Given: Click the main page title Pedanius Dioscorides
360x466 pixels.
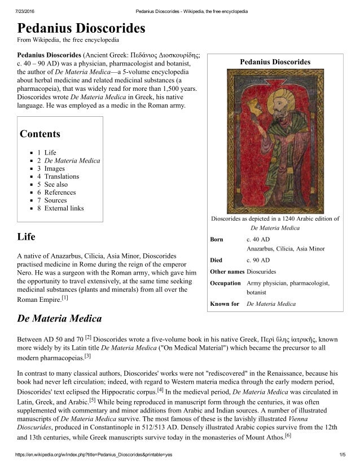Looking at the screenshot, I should [x=81, y=28].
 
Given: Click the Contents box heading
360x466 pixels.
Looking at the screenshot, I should [x=39, y=134].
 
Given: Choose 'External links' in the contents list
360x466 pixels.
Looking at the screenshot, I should [x=64, y=208].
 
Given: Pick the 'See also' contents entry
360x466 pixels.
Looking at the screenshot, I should [x=56, y=184].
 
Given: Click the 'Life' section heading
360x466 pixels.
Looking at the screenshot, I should [x=27, y=238].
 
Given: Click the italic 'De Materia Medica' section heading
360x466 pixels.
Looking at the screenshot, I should [x=60, y=319].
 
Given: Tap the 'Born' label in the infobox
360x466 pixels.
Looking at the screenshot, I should [x=217, y=239].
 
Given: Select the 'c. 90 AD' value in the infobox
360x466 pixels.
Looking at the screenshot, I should [x=258, y=260].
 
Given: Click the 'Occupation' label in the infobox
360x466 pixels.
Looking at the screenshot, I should [x=226, y=283].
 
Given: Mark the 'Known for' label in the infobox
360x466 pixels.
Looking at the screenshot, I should [x=225, y=304].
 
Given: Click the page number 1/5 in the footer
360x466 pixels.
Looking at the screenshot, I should [x=342, y=454].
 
